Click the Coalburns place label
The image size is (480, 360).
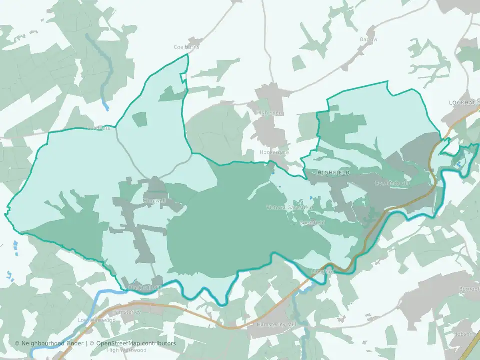186,47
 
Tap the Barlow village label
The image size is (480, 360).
368,39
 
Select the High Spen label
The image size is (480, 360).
269,113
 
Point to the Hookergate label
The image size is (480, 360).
274,152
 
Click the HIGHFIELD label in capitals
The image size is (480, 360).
333,172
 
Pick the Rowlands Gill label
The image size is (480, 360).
392,183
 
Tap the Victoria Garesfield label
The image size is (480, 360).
290,207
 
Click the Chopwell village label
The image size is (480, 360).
154,200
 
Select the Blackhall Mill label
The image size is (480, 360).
145,288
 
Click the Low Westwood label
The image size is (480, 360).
97,320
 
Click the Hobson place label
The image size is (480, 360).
463,334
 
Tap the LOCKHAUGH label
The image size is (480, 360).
464,102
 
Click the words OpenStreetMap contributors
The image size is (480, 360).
136,343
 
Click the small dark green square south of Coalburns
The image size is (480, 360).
140,119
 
